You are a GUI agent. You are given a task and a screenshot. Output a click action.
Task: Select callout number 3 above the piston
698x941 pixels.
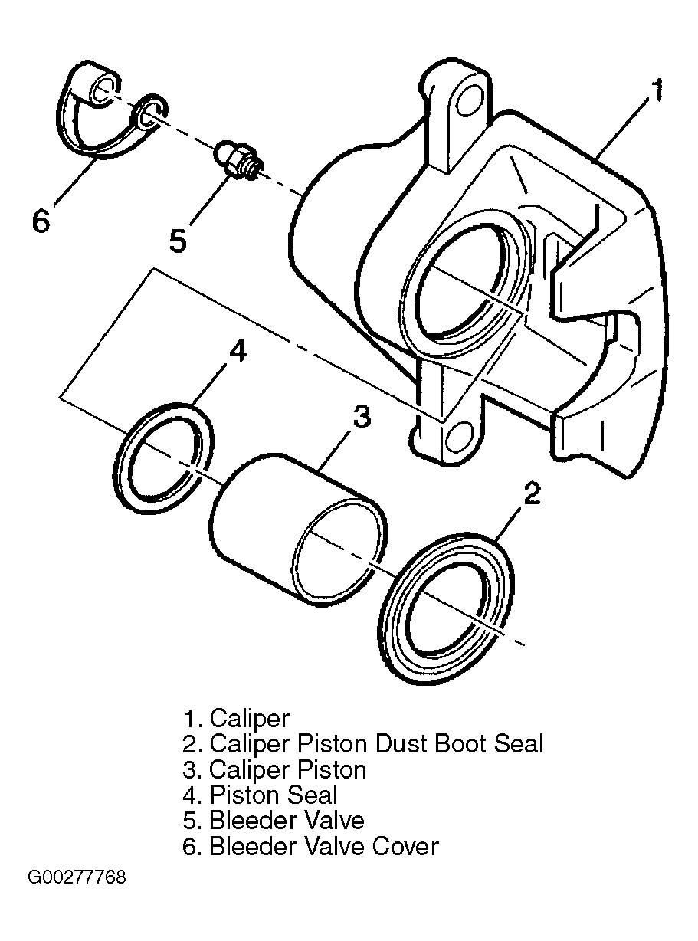[x=361, y=416]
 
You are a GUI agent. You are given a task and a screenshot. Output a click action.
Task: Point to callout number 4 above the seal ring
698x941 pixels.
[x=238, y=351]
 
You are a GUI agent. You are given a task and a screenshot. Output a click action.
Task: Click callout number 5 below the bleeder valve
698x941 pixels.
[x=178, y=241]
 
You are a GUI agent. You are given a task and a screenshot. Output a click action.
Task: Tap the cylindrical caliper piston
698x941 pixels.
[x=298, y=531]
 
